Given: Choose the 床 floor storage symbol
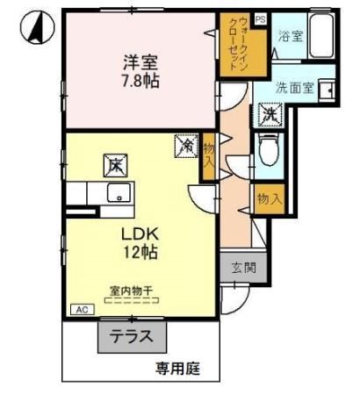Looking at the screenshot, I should [117, 163].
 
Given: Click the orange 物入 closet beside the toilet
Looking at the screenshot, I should [269, 199].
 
